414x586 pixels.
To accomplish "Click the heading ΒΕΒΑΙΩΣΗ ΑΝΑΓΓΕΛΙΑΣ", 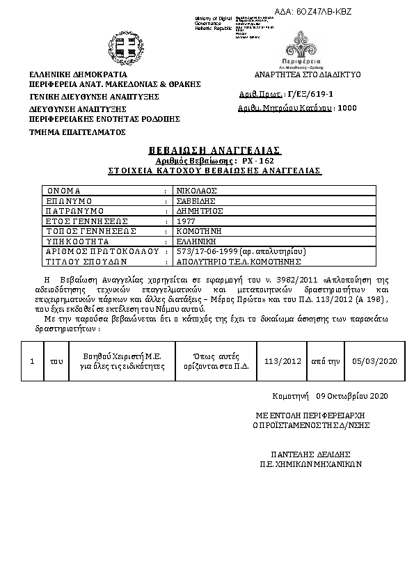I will click(214, 150).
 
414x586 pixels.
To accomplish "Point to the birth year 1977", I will click(186, 221).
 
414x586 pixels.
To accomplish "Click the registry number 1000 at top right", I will click(347, 109).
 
